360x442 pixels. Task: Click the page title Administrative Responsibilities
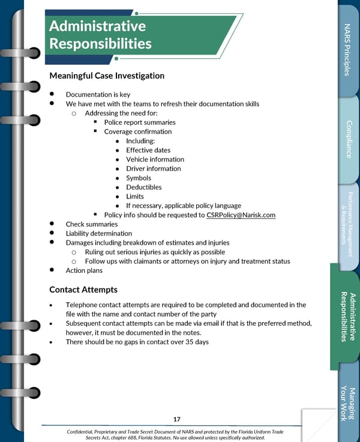(x=100, y=35)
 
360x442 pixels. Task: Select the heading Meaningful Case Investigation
(x=107, y=76)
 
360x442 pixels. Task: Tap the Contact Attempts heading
(x=83, y=290)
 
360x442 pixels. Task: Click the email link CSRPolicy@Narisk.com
(x=241, y=215)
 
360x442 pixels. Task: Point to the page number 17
(x=176, y=419)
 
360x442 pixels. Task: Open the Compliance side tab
(x=348, y=139)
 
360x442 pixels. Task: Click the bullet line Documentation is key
(x=98, y=95)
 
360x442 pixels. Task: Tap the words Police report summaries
(x=140, y=122)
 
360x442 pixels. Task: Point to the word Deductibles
(x=144, y=187)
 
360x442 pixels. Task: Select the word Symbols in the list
(x=139, y=178)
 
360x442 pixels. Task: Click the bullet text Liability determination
(x=99, y=233)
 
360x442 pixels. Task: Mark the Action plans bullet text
(x=84, y=270)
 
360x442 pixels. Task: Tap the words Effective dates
(x=148, y=150)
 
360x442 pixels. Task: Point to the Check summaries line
(x=92, y=224)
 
